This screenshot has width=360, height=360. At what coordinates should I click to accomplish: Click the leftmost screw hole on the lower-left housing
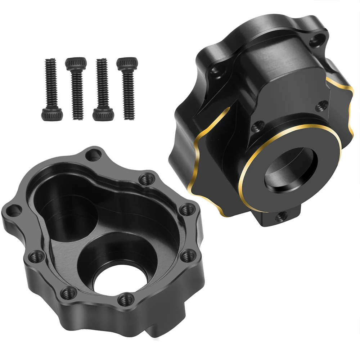coord(14,211)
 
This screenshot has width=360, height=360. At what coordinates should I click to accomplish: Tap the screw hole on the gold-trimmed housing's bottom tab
coord(280,216)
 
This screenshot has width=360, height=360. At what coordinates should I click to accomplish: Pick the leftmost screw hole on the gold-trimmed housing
coord(216,72)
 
